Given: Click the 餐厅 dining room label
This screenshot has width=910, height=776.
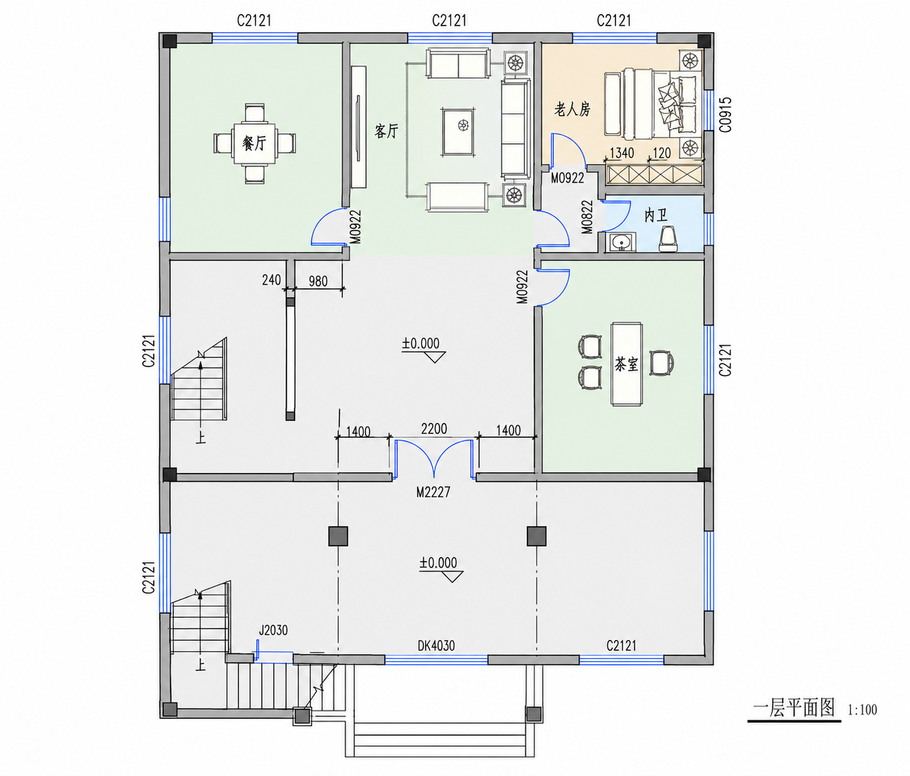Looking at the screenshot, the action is pos(254,143).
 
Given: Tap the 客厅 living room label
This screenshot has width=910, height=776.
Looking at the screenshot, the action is pos(386,131).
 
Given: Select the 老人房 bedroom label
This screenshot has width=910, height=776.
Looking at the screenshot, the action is pos(572,109).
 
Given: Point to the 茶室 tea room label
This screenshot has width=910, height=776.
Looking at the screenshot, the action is pos(626,364).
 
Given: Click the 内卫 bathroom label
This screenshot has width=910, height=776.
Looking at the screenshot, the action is pos(656,216).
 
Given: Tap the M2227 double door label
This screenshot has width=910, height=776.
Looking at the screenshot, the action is pos(433,492).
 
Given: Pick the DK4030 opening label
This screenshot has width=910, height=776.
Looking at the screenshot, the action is pos(436,645).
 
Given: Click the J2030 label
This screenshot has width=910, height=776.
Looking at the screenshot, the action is pos(273,630).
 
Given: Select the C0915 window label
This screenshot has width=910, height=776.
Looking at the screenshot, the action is pos(725,115).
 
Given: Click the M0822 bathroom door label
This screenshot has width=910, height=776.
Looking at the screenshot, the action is pos(587,217).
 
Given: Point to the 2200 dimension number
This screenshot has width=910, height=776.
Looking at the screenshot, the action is pos(434,429).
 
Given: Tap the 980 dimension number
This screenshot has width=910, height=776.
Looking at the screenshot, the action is pos(318,281).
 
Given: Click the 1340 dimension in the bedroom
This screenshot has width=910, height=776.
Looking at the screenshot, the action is pos(621,153).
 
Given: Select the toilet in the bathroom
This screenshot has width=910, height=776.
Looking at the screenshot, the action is pos(668,239).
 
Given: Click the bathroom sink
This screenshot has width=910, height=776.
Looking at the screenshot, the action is pos(621,243).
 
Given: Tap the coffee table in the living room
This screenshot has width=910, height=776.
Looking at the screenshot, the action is pos(458,132).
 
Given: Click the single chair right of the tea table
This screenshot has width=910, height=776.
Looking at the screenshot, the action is pos(662,363).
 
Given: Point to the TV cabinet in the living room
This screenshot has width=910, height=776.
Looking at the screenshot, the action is pos(359,127).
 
